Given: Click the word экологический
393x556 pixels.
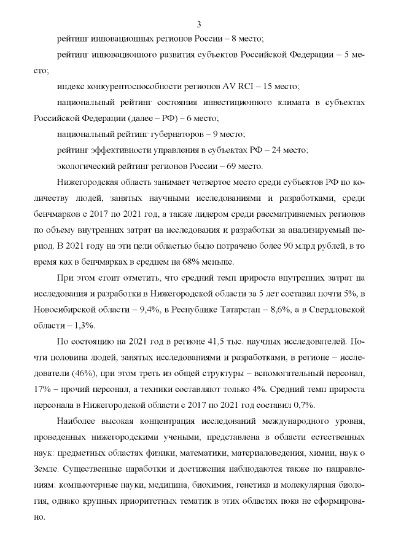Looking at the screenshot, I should pos(82,166).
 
